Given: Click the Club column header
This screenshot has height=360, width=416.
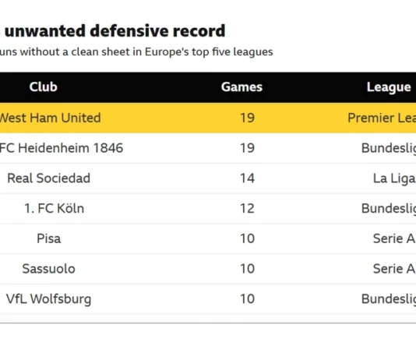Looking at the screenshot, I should (x=43, y=87).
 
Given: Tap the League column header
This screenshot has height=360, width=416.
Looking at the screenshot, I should (x=389, y=87).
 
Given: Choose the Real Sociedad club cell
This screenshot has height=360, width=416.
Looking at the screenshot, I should (x=48, y=178).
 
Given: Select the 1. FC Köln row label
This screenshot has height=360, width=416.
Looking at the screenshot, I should (x=54, y=208).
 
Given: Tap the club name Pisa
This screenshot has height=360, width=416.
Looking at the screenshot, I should (x=48, y=238).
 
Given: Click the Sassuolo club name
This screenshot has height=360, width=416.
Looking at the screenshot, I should (x=48, y=268).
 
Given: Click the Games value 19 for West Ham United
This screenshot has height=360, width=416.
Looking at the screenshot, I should (x=247, y=118).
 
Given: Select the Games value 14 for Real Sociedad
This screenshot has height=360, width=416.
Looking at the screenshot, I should (x=247, y=178).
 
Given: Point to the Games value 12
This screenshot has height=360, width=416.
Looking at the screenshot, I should (x=247, y=208).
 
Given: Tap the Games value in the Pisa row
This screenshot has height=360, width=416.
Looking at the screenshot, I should (x=247, y=238).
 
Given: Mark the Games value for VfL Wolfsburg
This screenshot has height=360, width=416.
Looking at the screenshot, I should (x=247, y=298).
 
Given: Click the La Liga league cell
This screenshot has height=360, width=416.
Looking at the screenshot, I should (x=394, y=178).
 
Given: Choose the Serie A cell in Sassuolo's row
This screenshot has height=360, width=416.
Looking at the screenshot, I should (x=393, y=268).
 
